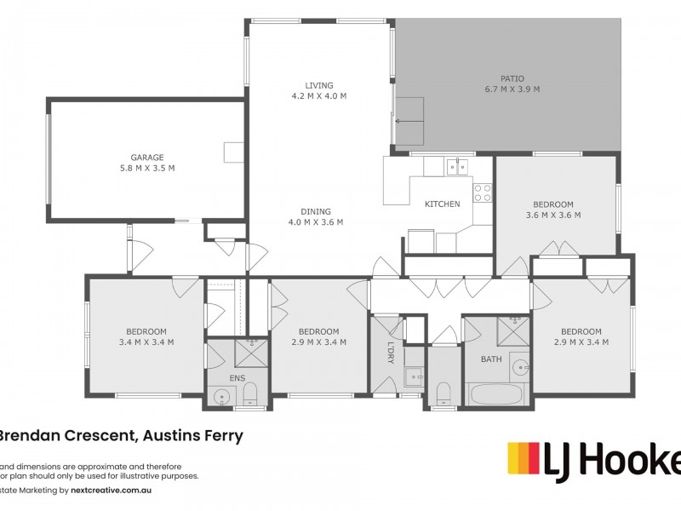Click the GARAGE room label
tap(147, 157)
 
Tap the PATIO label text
tap(512, 78)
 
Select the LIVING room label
tap(319, 85)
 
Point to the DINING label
tap(315, 212)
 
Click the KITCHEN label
tap(443, 204)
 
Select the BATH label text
tap(491, 359)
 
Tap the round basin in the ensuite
tap(223, 395)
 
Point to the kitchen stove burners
tap(483, 192)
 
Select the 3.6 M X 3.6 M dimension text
tap(553, 215)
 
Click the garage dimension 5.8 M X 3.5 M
tap(147, 168)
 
